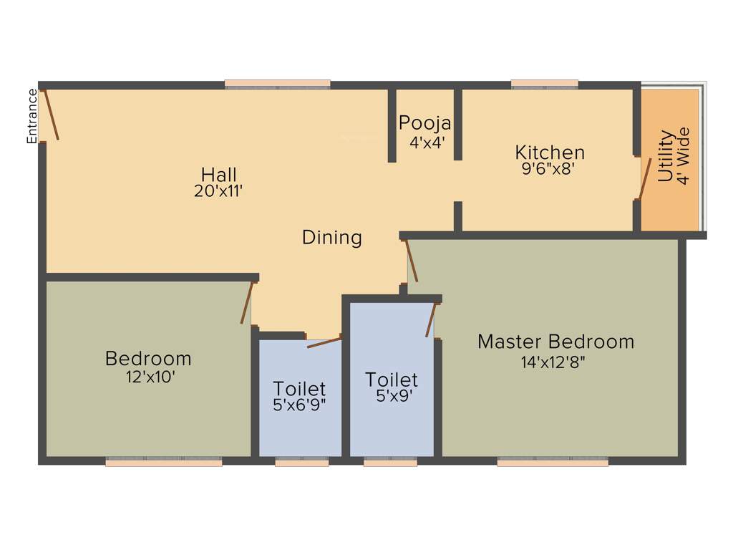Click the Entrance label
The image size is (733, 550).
click(x=31, y=115)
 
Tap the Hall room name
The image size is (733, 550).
click(x=218, y=175)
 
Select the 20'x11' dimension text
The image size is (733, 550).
click(x=218, y=191)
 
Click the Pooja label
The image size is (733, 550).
click(x=424, y=122)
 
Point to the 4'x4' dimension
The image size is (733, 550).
click(x=427, y=142)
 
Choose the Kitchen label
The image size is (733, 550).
click(x=550, y=153)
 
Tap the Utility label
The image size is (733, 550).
click(x=665, y=155)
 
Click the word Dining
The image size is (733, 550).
click(x=331, y=238)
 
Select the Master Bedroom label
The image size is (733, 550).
click(x=555, y=342)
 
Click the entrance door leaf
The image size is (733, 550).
click(x=52, y=114)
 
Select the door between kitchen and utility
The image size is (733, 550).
click(x=645, y=178)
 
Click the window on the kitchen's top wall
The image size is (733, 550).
click(x=545, y=85)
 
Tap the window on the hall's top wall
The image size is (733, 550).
click(x=277, y=85)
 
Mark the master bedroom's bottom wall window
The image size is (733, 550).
click(x=553, y=463)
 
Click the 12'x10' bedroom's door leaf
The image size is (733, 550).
click(x=247, y=304)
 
